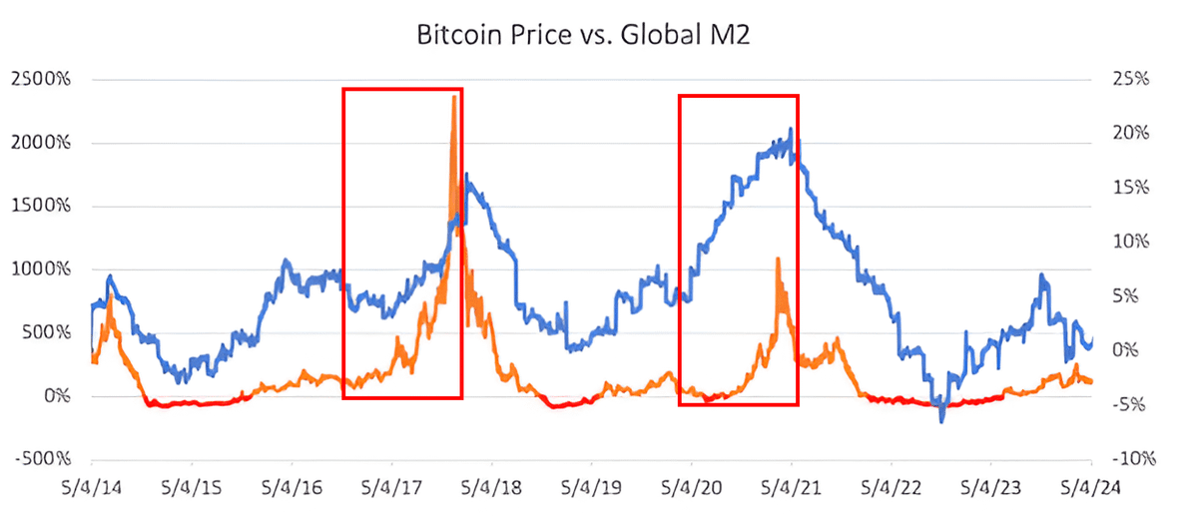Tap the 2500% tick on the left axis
tap(41, 79)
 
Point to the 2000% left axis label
tap(41, 143)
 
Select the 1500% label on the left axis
tap(41, 207)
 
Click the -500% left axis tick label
tap(41, 460)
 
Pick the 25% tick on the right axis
tap(1131, 79)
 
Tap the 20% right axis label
tap(1131, 133)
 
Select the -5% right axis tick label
tap(1131, 405)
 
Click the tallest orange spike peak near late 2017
tap(455, 97)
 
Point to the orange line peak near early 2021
tap(777, 259)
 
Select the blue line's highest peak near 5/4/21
tap(791, 129)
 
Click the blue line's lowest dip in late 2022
tap(940, 420)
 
